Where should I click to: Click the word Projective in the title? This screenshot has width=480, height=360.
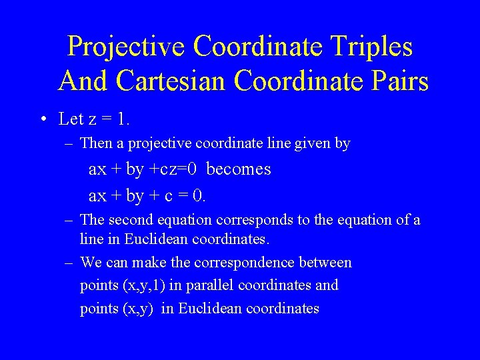[127, 47]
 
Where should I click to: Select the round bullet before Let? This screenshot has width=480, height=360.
[43, 120]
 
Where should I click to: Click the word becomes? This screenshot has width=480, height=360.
[239, 169]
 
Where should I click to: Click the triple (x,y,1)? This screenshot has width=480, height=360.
[143, 285]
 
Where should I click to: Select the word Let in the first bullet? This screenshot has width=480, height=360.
[71, 119]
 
